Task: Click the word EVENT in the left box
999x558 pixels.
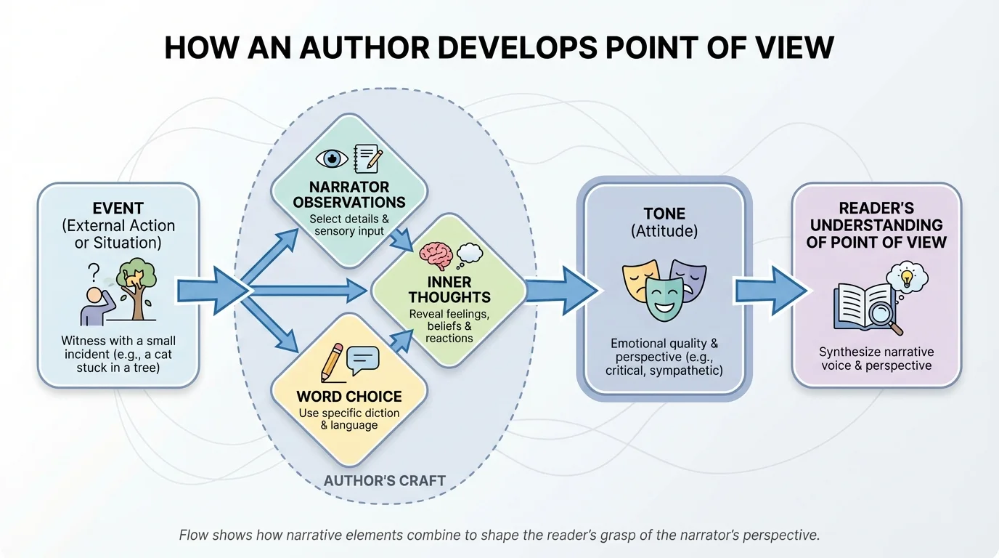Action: [x=118, y=209]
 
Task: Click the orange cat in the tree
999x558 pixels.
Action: [x=134, y=278]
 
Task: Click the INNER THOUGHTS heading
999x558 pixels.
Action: [x=449, y=289]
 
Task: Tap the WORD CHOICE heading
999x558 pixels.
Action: [x=349, y=397]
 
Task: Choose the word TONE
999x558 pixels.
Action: [x=664, y=214]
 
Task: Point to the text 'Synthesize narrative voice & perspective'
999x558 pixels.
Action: [x=876, y=358]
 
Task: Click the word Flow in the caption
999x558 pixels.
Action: [x=194, y=535]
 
